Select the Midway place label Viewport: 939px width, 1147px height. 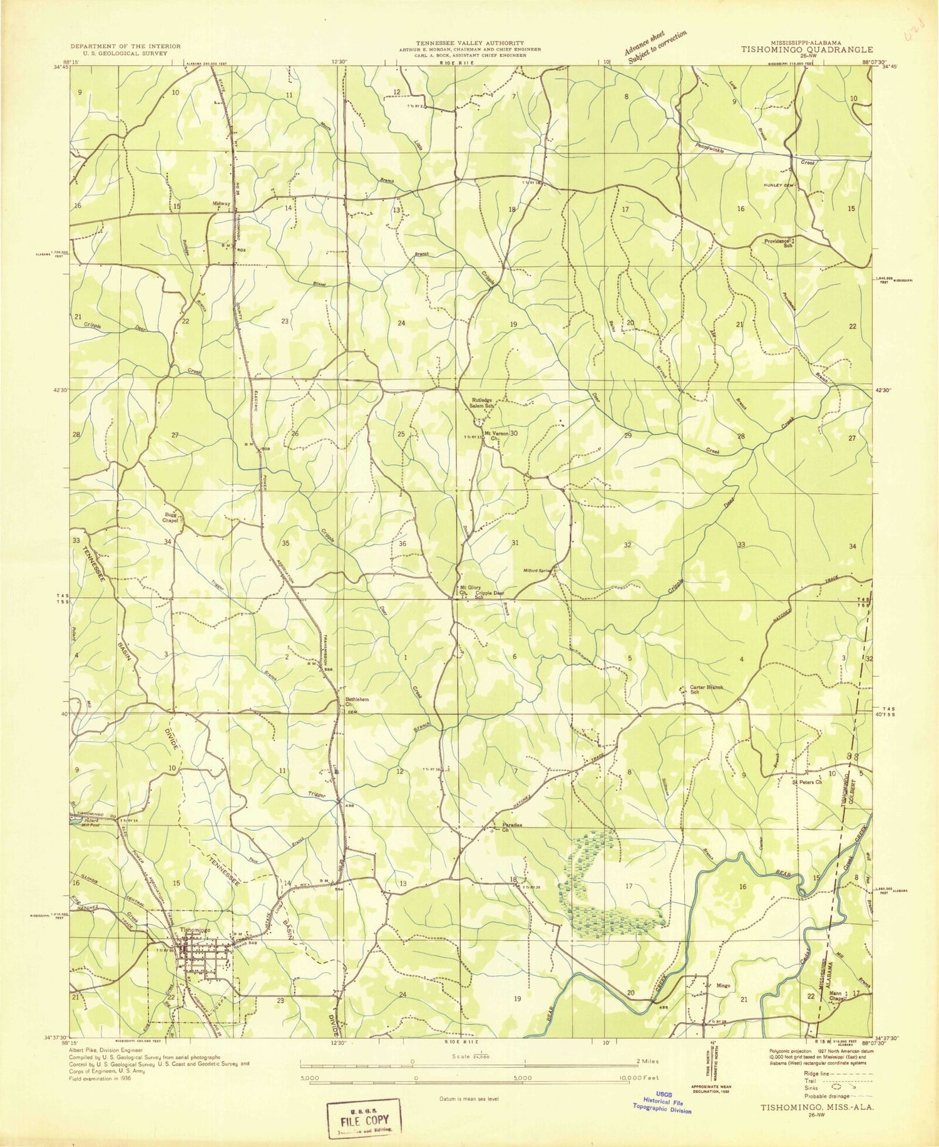click(x=222, y=204)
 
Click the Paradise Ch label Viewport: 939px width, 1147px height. click(x=511, y=827)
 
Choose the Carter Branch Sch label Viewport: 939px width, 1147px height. click(x=706, y=689)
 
